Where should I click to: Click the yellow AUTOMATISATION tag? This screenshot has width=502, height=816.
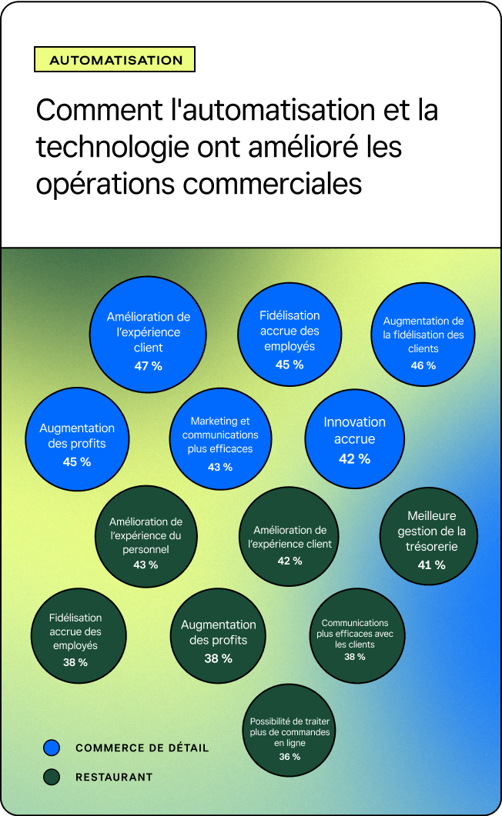(115, 59)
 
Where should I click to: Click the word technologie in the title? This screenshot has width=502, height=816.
(112, 147)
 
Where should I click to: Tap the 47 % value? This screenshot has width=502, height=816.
(149, 366)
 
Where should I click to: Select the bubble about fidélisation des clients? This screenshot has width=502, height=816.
(423, 334)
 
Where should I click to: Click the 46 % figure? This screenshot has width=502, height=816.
(423, 365)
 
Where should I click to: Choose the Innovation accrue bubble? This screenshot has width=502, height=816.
(355, 438)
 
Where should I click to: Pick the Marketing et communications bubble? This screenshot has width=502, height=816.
(220, 438)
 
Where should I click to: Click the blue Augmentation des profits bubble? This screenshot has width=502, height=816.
(77, 438)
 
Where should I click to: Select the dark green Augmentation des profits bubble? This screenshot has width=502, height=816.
(218, 635)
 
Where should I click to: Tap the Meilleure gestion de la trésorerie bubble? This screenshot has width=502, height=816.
(429, 536)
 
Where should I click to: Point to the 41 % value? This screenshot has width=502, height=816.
(432, 565)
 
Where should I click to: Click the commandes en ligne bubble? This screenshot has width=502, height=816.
(289, 730)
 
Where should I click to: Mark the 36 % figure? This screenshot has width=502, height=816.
(289, 757)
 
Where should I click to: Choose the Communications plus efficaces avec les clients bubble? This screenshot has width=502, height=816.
(357, 635)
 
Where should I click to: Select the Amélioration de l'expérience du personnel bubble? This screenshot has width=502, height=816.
(146, 537)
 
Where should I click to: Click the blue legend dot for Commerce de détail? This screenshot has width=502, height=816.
(52, 748)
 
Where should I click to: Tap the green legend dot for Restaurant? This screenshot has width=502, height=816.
(52, 777)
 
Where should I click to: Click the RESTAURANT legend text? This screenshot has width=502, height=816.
(114, 777)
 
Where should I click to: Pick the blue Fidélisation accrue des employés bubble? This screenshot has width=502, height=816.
(289, 334)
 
